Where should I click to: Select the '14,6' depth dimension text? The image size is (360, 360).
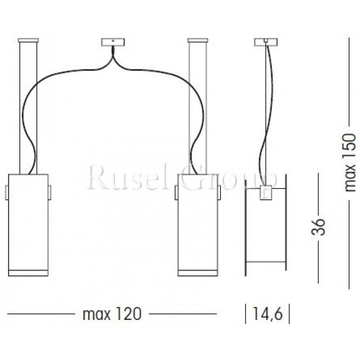pos(267,314)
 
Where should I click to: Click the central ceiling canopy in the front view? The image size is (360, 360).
pos(112,42)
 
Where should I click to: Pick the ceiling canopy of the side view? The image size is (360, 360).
pos(266,42)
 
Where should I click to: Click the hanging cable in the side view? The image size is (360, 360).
pos(266,112)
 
